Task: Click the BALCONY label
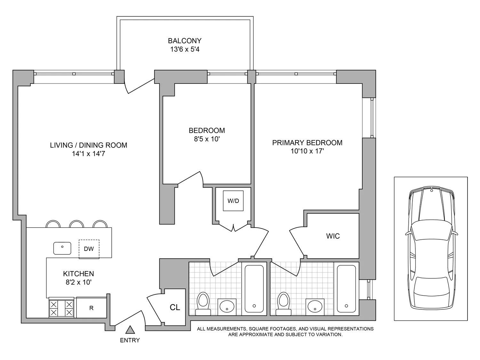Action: [185, 41]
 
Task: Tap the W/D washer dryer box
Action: [233, 201]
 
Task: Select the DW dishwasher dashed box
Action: [89, 249]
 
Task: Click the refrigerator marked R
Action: [92, 308]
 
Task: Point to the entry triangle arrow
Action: [130, 330]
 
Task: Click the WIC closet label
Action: [333, 236]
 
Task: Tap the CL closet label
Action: [175, 308]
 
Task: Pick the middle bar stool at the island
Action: [76, 224]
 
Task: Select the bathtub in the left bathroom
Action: [254, 289]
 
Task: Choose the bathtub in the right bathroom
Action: [346, 289]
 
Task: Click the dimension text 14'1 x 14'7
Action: [88, 154]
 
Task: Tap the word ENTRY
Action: [130, 340]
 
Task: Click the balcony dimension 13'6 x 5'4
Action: [185, 50]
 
